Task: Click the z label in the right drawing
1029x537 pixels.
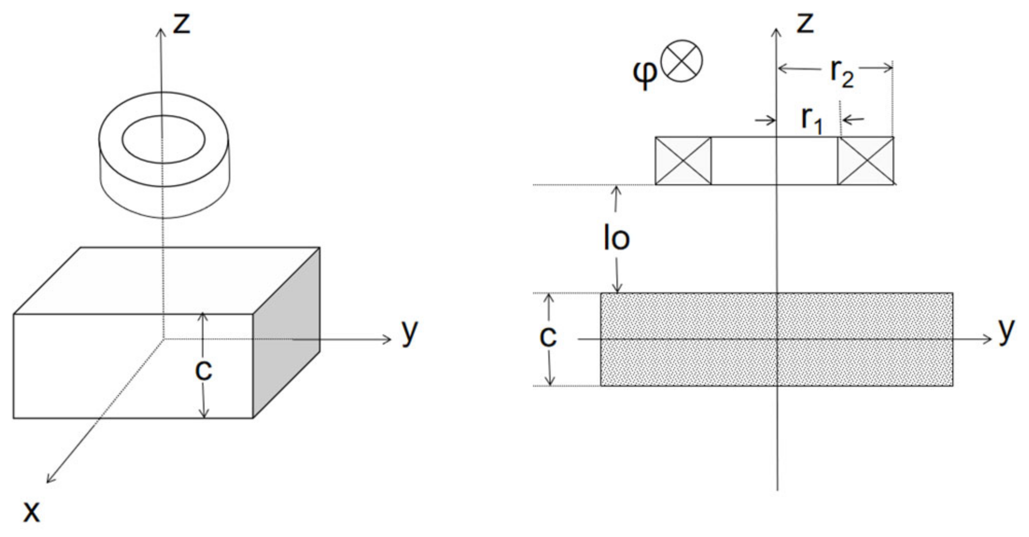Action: (804, 24)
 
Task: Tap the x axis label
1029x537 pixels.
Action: (31, 511)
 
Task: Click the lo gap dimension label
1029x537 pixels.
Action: (616, 238)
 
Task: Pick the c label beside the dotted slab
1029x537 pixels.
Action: (547, 336)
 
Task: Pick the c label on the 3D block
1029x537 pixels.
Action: (203, 369)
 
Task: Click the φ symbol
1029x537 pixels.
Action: (644, 73)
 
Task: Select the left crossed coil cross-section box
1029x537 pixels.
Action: (683, 160)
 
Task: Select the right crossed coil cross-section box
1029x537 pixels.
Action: (866, 160)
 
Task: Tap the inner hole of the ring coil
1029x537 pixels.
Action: (163, 139)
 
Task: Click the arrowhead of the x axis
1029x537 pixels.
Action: (48, 481)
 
